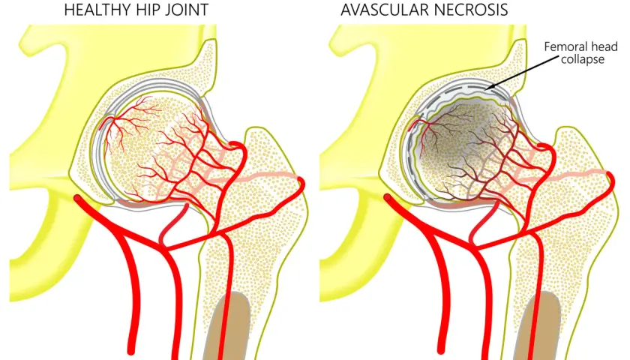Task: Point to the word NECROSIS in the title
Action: (x=471, y=10)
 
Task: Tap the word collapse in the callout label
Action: (x=583, y=60)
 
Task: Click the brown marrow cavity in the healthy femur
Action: (x=227, y=326)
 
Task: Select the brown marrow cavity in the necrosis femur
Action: (x=538, y=326)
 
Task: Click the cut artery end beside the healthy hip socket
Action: (x=77, y=198)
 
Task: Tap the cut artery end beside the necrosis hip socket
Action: (x=387, y=198)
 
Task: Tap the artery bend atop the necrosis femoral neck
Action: (x=548, y=148)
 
